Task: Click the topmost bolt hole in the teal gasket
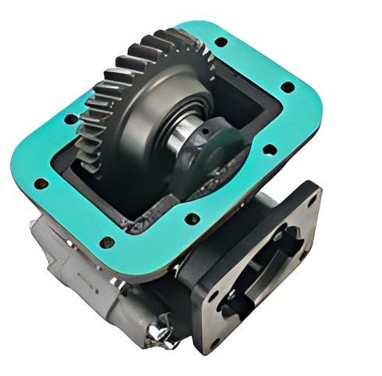click(x=221, y=41)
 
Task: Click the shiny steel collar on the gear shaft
click(x=179, y=133)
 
